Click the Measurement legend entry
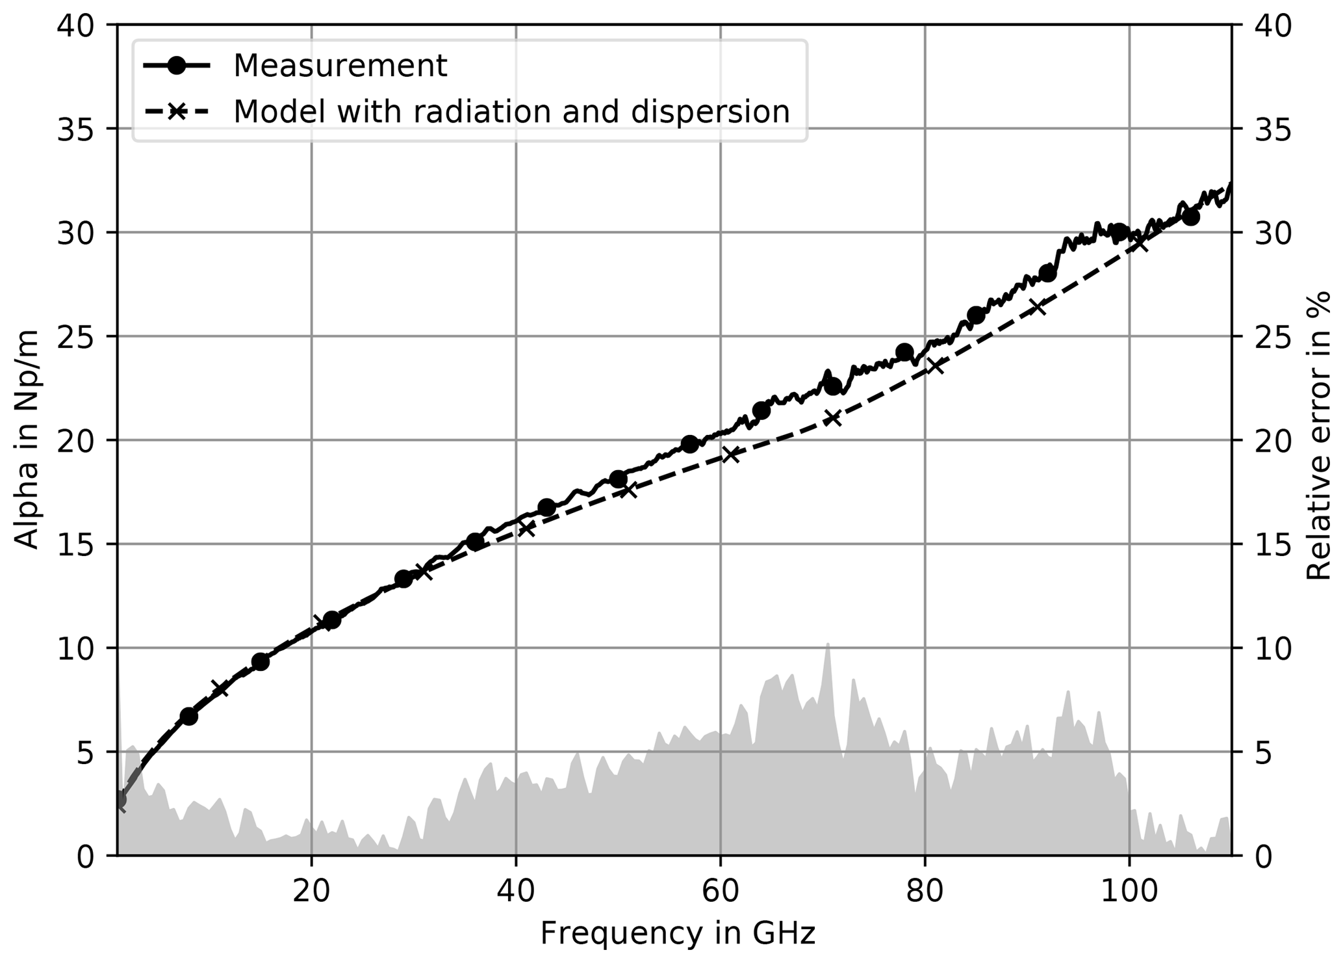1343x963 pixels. [x=340, y=66]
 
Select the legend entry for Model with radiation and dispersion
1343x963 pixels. [x=511, y=111]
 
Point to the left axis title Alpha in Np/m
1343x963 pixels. [x=27, y=439]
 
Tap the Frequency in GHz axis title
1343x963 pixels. [x=677, y=934]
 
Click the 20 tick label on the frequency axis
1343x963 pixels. [x=311, y=891]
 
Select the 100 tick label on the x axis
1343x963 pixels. [x=1129, y=891]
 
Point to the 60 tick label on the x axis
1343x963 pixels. [x=720, y=891]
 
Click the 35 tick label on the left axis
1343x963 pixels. [x=75, y=129]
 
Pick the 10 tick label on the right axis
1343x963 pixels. [x=1270, y=648]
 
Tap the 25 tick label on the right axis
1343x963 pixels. [x=1270, y=337]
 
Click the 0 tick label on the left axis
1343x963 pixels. [x=85, y=857]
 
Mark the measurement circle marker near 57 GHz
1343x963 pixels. [x=690, y=444]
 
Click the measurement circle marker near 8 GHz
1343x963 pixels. [x=188, y=717]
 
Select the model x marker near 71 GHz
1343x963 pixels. [x=832, y=418]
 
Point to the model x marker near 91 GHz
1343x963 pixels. [x=1038, y=307]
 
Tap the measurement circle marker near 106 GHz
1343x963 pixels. [x=1190, y=217]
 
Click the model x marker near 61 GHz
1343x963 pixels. [x=731, y=455]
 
